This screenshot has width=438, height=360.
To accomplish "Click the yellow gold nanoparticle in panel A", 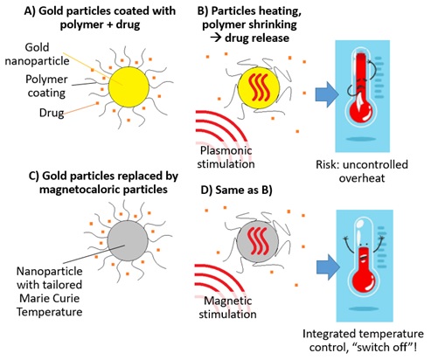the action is [129, 87].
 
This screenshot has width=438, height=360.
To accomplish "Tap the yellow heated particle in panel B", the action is [259, 88].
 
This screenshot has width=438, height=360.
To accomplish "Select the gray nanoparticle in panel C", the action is [128, 240].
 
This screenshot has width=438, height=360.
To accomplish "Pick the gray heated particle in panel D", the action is [258, 241].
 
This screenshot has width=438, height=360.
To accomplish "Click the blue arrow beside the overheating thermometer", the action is [327, 94].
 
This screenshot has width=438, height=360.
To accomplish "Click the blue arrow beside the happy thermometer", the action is [328, 267].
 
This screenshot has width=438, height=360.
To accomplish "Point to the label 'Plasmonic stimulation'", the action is [226, 157].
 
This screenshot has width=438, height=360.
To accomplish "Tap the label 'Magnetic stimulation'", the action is [227, 308].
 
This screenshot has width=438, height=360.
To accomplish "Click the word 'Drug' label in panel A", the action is [52, 113].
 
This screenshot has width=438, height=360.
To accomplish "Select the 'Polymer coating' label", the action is [46, 87].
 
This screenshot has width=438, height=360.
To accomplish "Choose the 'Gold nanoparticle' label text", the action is [37, 54].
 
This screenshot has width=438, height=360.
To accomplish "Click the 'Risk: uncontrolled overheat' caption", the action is [362, 171].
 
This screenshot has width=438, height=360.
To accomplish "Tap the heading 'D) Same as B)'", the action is [236, 190].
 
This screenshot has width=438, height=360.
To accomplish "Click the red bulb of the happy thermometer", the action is [363, 282].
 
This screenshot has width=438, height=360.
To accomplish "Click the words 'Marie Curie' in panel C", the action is [49, 299].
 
